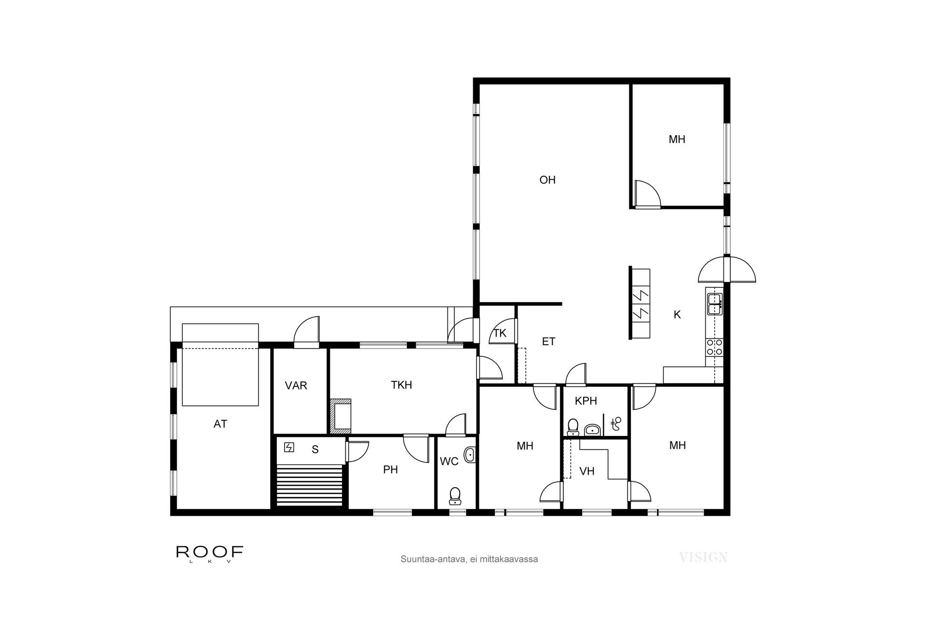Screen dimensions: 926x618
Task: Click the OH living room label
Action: pyautogui.click(x=547, y=180)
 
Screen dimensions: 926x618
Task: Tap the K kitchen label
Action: pyautogui.click(x=677, y=315)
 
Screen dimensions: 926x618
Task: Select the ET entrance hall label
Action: pyautogui.click(x=548, y=342)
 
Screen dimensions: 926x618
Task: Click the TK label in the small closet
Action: pyautogui.click(x=500, y=333)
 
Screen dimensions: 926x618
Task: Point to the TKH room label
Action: pyautogui.click(x=401, y=385)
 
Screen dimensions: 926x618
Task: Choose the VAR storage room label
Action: pyautogui.click(x=296, y=386)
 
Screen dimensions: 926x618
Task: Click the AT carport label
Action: pyautogui.click(x=220, y=424)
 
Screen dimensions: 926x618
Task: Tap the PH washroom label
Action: pyautogui.click(x=390, y=470)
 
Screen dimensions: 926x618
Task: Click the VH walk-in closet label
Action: pyautogui.click(x=586, y=472)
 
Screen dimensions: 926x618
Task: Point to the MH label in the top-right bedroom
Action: pyautogui.click(x=677, y=140)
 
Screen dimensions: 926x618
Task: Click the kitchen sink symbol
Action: pyautogui.click(x=714, y=304)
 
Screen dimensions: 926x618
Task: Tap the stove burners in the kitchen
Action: pyautogui.click(x=714, y=347)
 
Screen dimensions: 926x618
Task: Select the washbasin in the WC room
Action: pyautogui.click(x=469, y=455)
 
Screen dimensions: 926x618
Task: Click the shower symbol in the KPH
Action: pyautogui.click(x=616, y=424)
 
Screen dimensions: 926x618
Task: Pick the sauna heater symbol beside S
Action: pyautogui.click(x=289, y=448)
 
